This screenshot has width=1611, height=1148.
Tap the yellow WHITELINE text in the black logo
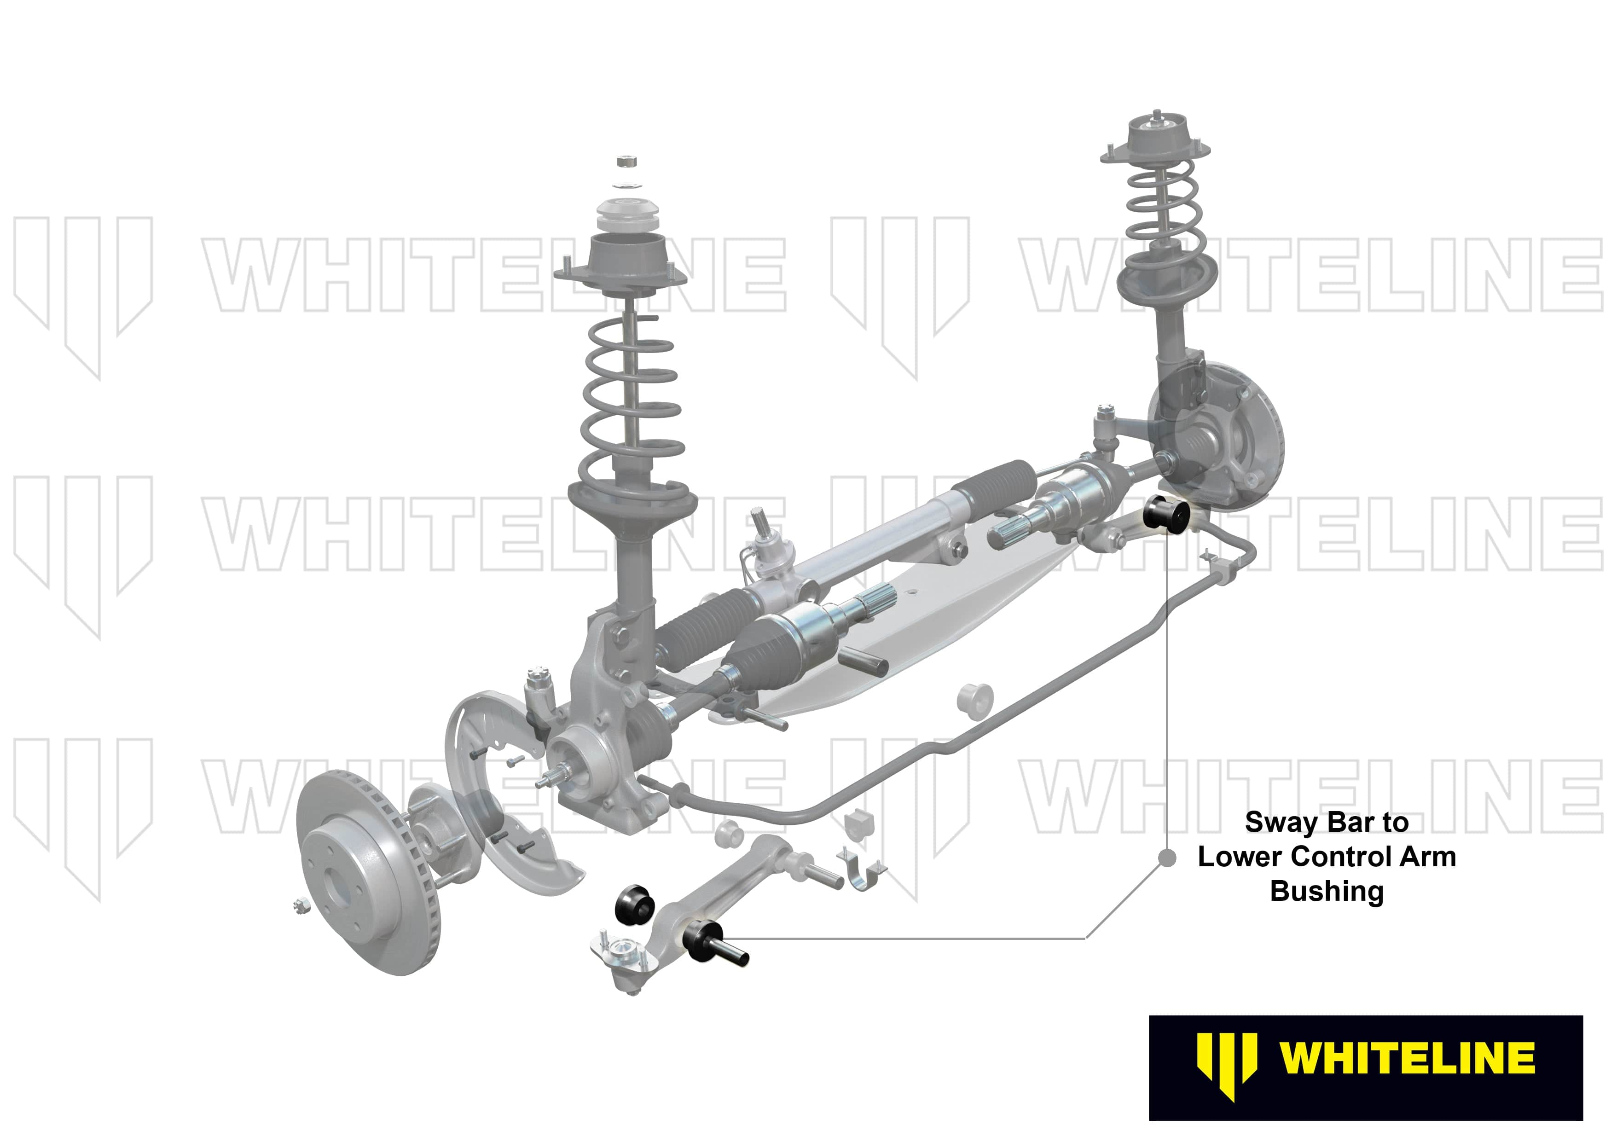(x=1407, y=1058)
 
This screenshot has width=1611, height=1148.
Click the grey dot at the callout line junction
(x=1167, y=858)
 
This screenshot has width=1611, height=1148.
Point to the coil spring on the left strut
(x=631, y=396)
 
